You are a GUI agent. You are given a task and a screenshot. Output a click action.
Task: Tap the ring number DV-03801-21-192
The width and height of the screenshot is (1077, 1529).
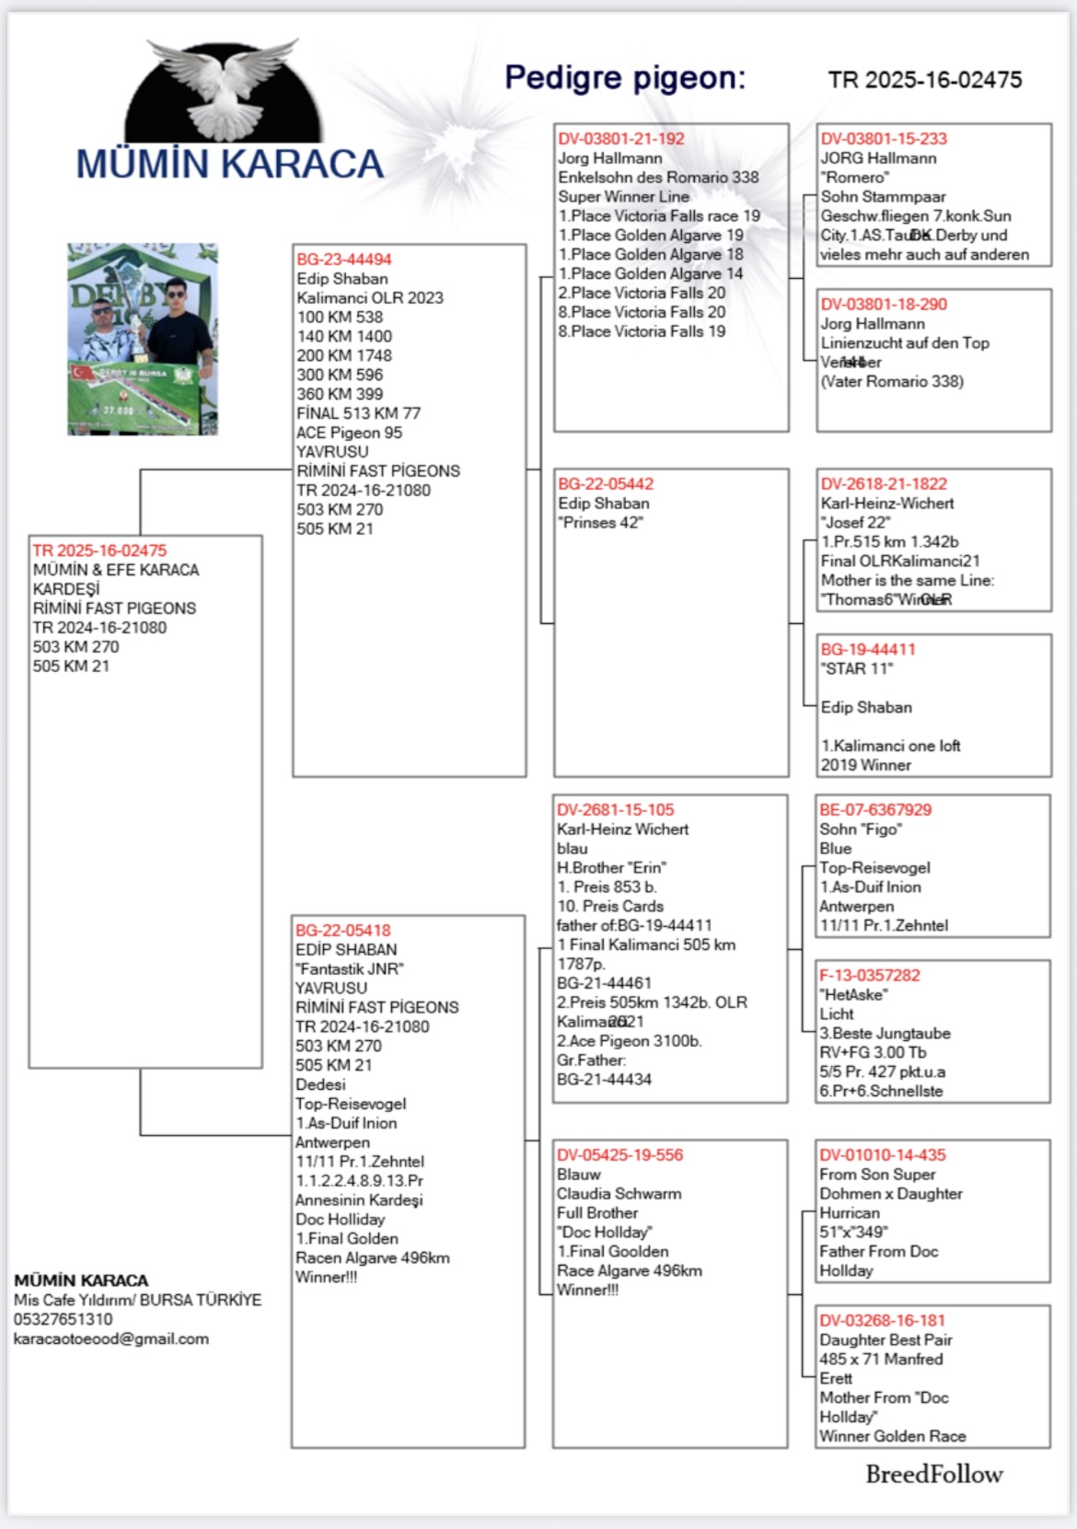click(x=621, y=139)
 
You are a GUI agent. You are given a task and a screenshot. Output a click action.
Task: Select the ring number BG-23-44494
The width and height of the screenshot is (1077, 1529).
click(x=344, y=260)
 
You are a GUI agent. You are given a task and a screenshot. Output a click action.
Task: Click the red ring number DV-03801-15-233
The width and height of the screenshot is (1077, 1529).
click(x=884, y=139)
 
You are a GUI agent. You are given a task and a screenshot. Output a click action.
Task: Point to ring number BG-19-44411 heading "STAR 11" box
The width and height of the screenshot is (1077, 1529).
click(x=868, y=650)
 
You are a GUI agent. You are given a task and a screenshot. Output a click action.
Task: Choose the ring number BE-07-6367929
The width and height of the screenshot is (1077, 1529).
click(x=875, y=810)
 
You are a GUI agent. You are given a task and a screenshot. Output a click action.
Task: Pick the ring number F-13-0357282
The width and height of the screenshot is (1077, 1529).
click(x=870, y=976)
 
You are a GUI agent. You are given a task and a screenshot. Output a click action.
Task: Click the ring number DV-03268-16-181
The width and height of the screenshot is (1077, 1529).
click(x=883, y=1321)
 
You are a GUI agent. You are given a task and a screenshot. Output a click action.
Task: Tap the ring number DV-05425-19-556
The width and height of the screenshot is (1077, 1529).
click(x=620, y=1155)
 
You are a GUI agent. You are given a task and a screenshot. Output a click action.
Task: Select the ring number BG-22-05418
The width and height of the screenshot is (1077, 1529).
click(x=343, y=931)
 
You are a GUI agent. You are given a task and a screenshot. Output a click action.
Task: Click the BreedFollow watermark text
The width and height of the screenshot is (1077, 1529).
click(x=933, y=1475)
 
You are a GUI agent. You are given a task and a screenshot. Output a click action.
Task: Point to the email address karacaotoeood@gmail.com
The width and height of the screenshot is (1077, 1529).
click(x=111, y=1339)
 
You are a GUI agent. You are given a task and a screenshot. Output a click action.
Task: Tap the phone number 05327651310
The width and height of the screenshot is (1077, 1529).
click(x=63, y=1320)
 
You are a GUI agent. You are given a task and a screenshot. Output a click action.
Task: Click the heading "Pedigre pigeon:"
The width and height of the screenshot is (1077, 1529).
click(x=625, y=78)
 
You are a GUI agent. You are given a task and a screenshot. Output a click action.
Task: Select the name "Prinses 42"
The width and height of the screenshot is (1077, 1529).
click(x=602, y=523)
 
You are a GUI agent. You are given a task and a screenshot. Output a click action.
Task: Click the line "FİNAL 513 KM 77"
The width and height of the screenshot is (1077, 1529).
click(x=358, y=413)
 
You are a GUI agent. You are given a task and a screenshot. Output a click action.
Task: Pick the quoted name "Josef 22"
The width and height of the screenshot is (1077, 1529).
click(x=855, y=523)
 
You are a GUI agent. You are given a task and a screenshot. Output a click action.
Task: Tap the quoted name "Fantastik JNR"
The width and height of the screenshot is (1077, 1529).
click(x=349, y=969)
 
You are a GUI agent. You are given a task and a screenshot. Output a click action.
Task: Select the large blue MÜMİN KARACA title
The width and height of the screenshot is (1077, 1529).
click(x=229, y=165)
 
